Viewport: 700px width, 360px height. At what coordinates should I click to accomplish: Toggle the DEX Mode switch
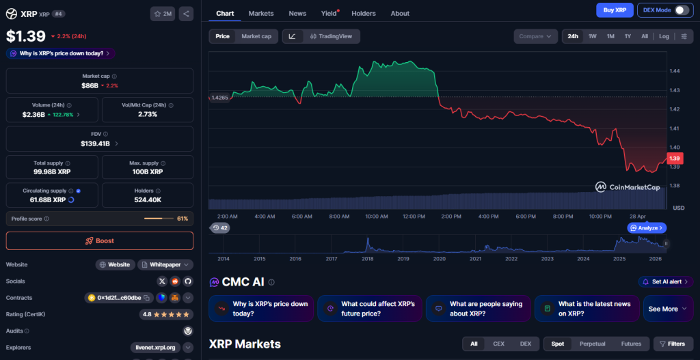(x=681, y=10)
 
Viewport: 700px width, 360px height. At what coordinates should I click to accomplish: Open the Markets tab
(x=261, y=14)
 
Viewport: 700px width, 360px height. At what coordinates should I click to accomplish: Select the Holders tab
(x=363, y=14)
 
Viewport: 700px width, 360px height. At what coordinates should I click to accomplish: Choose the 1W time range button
(x=592, y=36)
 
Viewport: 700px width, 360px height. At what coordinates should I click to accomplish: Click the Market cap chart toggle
(x=256, y=36)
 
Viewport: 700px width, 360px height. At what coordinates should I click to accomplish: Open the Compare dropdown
(x=535, y=36)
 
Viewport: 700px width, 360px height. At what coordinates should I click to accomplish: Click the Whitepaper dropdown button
(x=165, y=264)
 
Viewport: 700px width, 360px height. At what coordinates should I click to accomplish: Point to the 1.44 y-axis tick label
(x=675, y=71)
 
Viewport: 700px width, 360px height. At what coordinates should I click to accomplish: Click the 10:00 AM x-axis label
(x=377, y=217)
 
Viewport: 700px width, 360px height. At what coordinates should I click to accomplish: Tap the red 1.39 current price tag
(x=675, y=158)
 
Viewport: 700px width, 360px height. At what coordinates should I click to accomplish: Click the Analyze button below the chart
(x=647, y=227)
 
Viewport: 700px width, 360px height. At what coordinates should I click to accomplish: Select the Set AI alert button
(x=666, y=281)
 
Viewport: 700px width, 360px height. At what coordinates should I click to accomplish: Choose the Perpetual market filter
(x=592, y=344)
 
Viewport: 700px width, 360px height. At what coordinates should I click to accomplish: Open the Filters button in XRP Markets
(x=673, y=344)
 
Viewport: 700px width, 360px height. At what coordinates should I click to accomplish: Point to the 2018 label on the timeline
(x=367, y=259)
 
